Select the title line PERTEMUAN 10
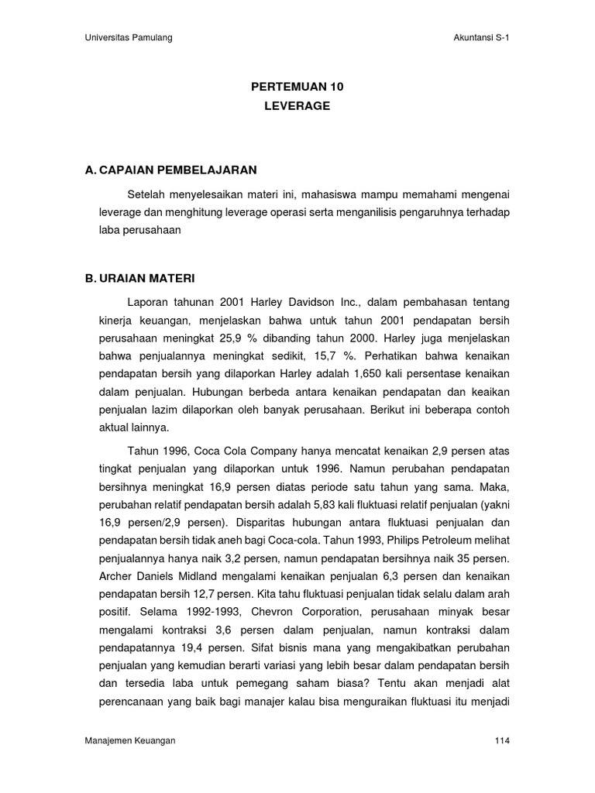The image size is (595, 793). [x=297, y=88]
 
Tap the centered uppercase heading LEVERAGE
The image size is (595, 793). [x=297, y=106]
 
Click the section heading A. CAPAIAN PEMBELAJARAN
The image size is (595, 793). [x=170, y=170]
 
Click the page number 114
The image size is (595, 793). [x=501, y=741]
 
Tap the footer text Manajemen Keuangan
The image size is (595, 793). [x=130, y=741]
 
